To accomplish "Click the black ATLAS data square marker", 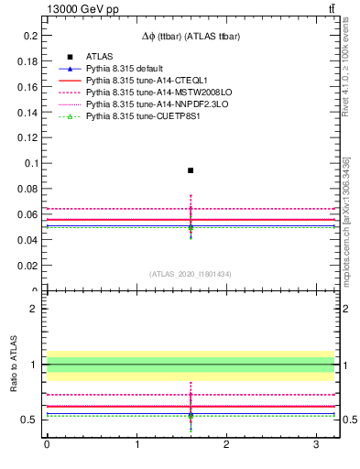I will coord(191,170).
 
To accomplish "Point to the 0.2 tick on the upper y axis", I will coord(31,36).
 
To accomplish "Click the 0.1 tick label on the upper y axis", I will coord(31,164).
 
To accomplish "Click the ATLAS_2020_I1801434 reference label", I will coord(190,275).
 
